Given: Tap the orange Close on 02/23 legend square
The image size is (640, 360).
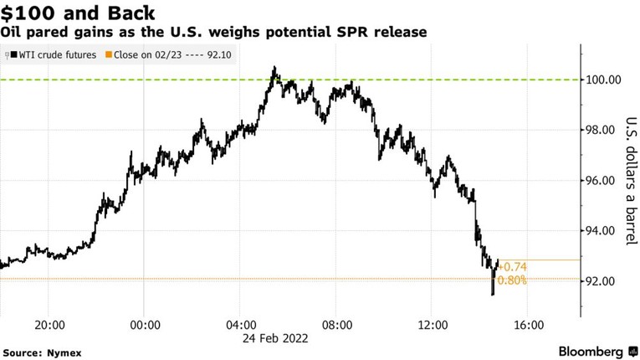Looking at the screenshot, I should [108, 55].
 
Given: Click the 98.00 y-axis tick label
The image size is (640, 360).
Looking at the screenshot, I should [603, 131].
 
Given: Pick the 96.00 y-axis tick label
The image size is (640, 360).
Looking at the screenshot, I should [603, 181].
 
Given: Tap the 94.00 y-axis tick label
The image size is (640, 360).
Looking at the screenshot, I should [603, 231].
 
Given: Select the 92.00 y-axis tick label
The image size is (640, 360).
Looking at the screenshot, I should [603, 281].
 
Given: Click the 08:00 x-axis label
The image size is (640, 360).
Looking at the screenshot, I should [337, 324].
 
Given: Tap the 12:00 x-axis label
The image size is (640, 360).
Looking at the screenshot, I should [433, 324].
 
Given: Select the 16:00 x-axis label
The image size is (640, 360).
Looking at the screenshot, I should [529, 324].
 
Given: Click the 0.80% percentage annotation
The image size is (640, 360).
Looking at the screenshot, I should [511, 280].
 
